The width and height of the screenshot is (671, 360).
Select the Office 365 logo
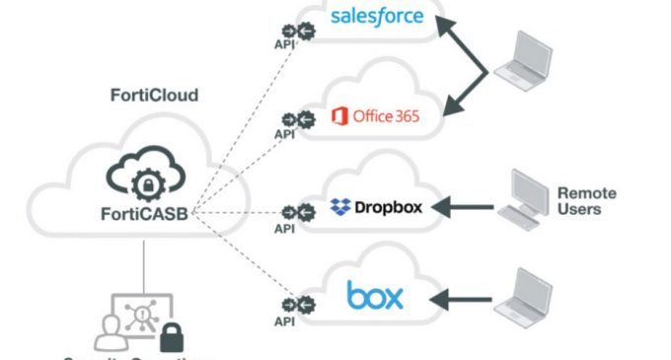[x=375, y=117]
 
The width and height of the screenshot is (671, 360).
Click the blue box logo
[x=375, y=296]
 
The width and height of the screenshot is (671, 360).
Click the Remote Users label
[x=586, y=201]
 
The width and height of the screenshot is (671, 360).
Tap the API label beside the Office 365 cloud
[x=284, y=134]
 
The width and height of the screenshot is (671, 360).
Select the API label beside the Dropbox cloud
[x=284, y=228]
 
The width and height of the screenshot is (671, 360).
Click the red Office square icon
[x=339, y=117]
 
